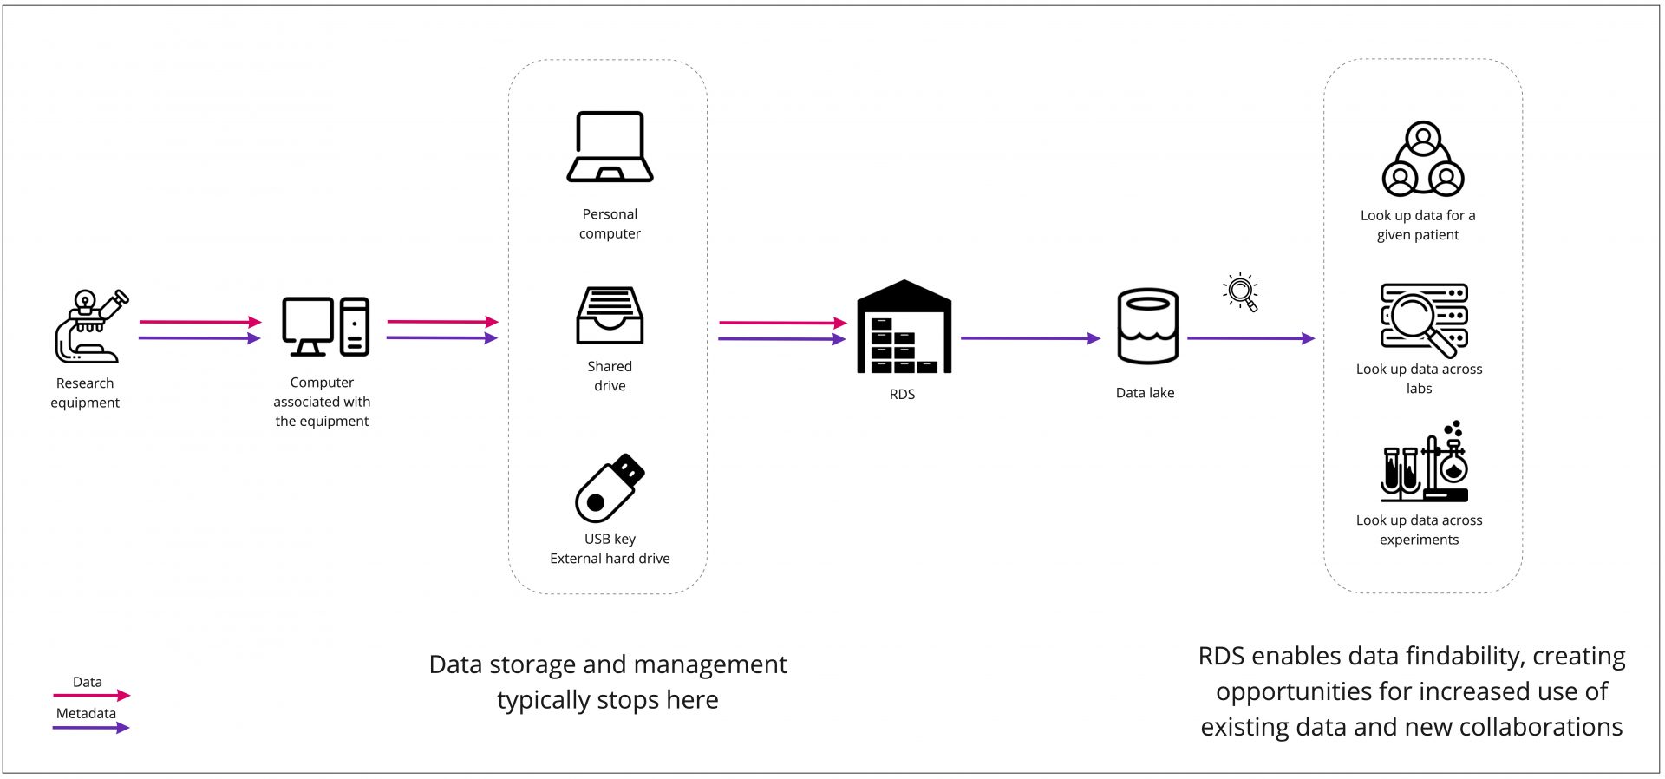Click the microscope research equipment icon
pyautogui.click(x=90, y=327)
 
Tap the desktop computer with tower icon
pyautogui.click(x=325, y=326)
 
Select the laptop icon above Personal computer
pyautogui.click(x=610, y=147)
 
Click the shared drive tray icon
pyautogui.click(x=610, y=315)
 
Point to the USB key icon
pyautogui.click(x=610, y=488)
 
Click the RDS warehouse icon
pyautogui.click(x=904, y=327)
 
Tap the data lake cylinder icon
pyautogui.click(x=1147, y=326)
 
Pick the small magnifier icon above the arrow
pyautogui.click(x=1241, y=291)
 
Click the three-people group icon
pyautogui.click(x=1422, y=160)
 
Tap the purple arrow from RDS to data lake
pyautogui.click(x=1029, y=338)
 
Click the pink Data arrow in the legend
pyautogui.click(x=91, y=695)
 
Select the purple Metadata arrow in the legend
pyautogui.click(x=91, y=728)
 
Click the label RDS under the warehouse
pyautogui.click(x=902, y=394)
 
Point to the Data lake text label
pyautogui.click(x=1145, y=393)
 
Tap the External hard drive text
pyautogui.click(x=610, y=559)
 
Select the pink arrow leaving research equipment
pyautogui.click(x=199, y=322)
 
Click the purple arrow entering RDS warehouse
pyautogui.click(x=781, y=339)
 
